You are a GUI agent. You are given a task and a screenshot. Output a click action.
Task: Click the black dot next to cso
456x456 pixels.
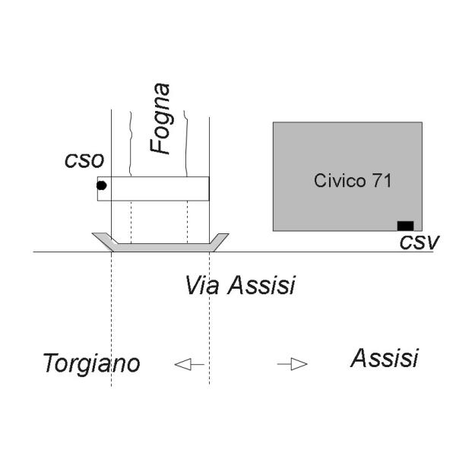101,185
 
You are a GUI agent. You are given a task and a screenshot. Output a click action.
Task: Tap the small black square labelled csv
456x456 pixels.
405,226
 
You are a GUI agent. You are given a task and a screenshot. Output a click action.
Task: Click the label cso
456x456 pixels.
84,160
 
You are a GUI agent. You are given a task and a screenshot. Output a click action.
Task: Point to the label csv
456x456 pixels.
420,242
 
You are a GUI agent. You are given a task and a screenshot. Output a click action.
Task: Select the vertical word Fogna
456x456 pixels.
160,119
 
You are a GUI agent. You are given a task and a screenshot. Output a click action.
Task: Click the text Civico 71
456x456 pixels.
353,180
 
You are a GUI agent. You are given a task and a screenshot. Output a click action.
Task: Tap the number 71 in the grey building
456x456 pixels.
382,180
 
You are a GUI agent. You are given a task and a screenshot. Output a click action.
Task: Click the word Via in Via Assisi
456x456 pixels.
202,285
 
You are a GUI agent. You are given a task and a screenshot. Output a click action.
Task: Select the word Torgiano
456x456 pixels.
91,363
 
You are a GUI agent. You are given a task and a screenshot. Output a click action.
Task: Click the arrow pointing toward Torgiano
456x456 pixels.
189,364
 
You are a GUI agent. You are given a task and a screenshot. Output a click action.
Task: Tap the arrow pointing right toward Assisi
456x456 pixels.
293,364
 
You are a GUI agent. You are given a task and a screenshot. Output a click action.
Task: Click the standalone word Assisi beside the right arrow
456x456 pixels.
385,358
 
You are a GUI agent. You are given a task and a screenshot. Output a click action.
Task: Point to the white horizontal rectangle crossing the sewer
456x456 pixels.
154,188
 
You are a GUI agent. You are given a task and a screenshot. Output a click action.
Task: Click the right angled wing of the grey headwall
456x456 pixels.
219,242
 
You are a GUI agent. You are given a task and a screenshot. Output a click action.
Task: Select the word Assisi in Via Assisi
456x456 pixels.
261,285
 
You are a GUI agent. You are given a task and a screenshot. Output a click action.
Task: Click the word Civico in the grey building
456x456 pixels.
340,180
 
